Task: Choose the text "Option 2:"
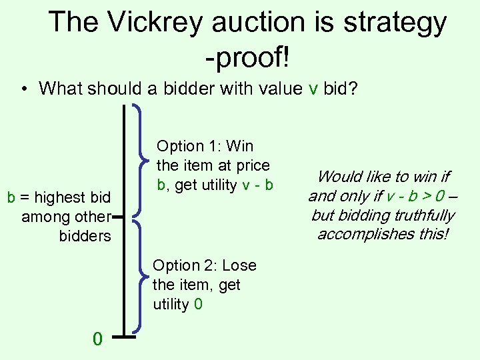click(185, 265)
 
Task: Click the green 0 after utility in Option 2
click(199, 305)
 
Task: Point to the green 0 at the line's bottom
click(97, 339)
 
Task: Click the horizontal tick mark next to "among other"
click(119, 217)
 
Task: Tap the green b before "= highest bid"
click(11, 197)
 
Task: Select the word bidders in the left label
click(85, 236)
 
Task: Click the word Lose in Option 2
click(239, 265)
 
